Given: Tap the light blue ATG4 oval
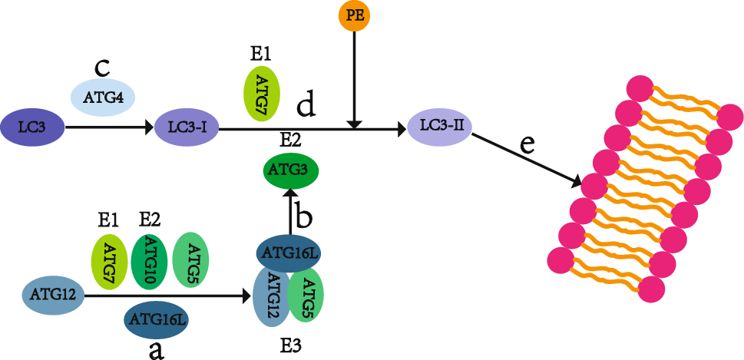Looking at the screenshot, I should tap(104, 97).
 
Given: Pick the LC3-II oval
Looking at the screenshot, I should tap(439, 124).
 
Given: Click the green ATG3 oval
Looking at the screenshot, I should tap(293, 169).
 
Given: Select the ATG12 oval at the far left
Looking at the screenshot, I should tap(53, 294).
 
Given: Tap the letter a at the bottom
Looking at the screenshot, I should tap(157, 349).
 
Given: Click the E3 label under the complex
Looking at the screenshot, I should tap(291, 345).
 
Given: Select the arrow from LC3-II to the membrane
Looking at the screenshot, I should tap(526, 160).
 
